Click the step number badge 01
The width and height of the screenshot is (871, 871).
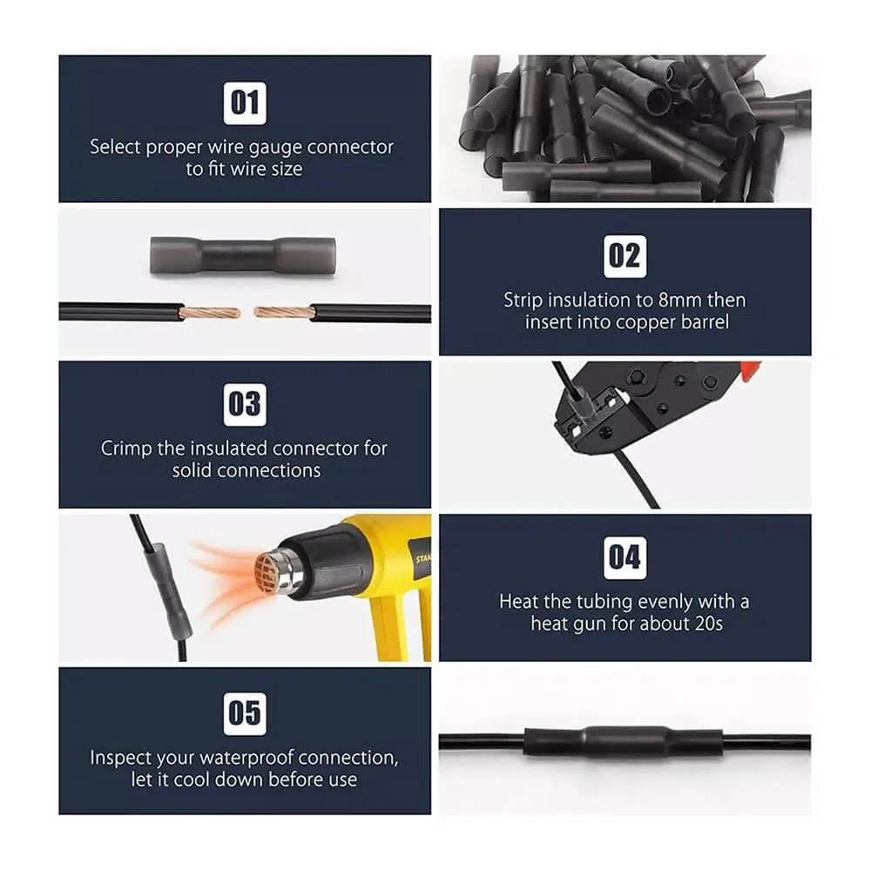(245, 104)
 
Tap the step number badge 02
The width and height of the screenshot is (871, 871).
(625, 256)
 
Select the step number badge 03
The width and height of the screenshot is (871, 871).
(245, 404)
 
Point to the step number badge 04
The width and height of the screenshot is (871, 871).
(625, 557)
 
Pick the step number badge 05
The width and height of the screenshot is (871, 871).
(245, 713)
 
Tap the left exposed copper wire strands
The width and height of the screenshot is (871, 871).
(210, 314)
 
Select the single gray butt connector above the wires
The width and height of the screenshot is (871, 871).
(243, 255)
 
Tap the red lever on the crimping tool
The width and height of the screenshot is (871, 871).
(750, 370)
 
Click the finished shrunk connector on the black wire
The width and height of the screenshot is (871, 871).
(624, 741)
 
